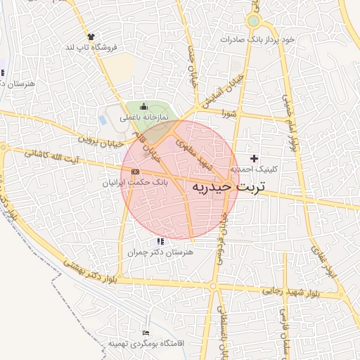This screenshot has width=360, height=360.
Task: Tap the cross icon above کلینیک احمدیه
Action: point(254,158)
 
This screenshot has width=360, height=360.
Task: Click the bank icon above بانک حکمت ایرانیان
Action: point(135,171)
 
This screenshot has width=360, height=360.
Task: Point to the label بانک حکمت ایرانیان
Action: point(136,181)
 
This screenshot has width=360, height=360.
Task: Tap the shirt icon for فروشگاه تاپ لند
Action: point(91,37)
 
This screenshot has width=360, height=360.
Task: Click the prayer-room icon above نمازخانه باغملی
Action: point(143,106)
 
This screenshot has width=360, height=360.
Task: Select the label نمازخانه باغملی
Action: point(143,117)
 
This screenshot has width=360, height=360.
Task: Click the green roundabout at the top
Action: point(253,21)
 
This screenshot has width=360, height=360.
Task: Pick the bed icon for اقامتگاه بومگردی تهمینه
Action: point(146,333)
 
